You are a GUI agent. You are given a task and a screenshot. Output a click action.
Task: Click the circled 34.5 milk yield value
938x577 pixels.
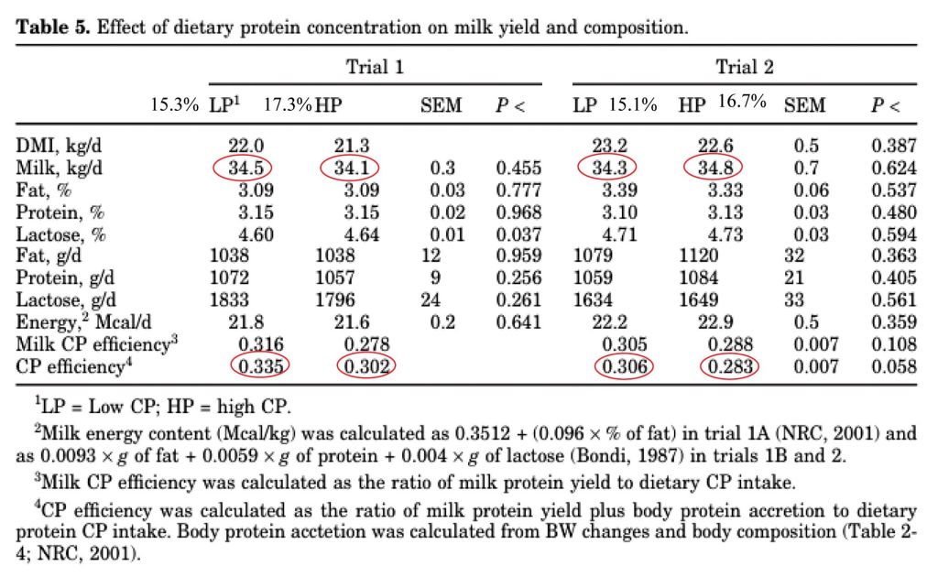click(246, 168)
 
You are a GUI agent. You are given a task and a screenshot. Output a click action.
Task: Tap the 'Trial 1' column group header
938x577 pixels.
click(375, 67)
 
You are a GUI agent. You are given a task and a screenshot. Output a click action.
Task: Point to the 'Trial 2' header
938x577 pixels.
click(745, 67)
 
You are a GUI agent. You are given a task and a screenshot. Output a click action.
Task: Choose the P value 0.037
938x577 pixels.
click(518, 234)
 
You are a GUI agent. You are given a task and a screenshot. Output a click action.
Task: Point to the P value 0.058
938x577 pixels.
click(893, 366)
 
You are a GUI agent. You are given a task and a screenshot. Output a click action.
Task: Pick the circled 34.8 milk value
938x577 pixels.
click(714, 168)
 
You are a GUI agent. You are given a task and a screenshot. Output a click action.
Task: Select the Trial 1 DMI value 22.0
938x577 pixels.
click(246, 146)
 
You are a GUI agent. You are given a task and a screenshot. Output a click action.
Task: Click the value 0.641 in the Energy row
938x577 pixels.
click(518, 323)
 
